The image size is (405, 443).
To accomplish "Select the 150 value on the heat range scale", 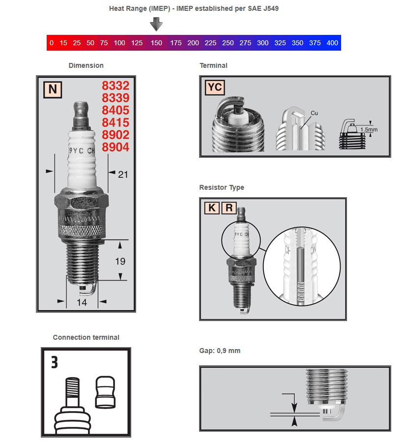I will point(156,43).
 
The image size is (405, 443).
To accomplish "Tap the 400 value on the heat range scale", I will point(332,43).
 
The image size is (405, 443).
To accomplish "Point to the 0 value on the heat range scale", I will point(52,43).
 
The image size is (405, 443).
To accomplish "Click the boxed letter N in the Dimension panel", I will point(52,89).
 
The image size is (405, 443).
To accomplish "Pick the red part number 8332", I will point(116,86).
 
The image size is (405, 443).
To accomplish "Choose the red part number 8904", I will point(116,147).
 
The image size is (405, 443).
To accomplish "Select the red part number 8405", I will point(116,110).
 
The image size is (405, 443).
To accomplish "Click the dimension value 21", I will point(123,174).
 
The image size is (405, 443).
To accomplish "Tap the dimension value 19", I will point(120,261).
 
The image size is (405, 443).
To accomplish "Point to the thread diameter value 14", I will point(82,302).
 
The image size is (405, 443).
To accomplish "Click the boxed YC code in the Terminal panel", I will point(215,88).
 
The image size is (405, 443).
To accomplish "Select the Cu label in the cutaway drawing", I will point(314,113).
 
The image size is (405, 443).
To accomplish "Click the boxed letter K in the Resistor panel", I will point(211,207).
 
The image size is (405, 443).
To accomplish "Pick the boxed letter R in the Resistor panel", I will point(229,207).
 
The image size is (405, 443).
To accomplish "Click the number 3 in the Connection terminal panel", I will point(55,363).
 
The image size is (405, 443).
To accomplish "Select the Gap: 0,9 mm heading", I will point(220,351).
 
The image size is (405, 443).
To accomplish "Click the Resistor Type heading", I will point(221,187).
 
